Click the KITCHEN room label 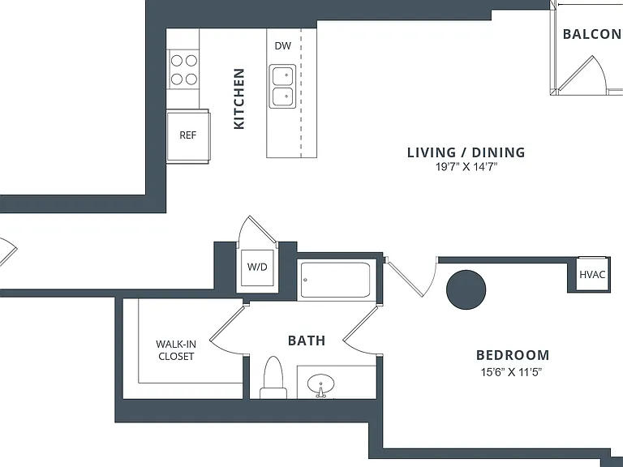[x=238, y=99]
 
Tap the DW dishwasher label [x=282, y=45]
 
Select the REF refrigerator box [x=187, y=136]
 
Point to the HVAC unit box [x=592, y=274]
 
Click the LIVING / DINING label [x=466, y=152]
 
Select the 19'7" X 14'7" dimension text [x=466, y=167]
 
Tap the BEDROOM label [x=513, y=355]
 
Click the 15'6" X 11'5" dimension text [x=511, y=372]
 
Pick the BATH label [x=307, y=341]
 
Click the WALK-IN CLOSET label [x=176, y=350]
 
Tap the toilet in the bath [x=273, y=378]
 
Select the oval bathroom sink [x=320, y=385]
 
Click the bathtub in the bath [x=336, y=280]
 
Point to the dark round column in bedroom [x=466, y=289]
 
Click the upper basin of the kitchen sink [x=283, y=76]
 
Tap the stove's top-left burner [x=177, y=61]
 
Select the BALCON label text [x=592, y=34]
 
